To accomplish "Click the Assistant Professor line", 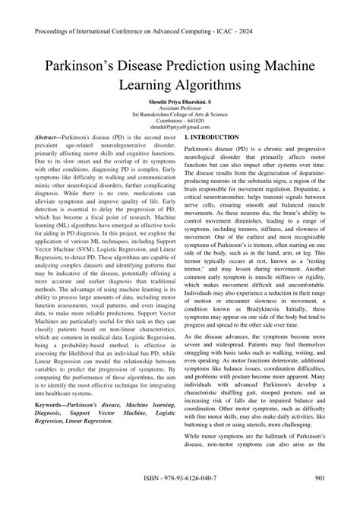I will click(x=179, y=109).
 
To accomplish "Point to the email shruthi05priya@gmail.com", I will click(x=179, y=129).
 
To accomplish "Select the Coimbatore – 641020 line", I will click(x=179, y=122).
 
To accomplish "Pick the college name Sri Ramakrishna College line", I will click(x=179, y=115).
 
